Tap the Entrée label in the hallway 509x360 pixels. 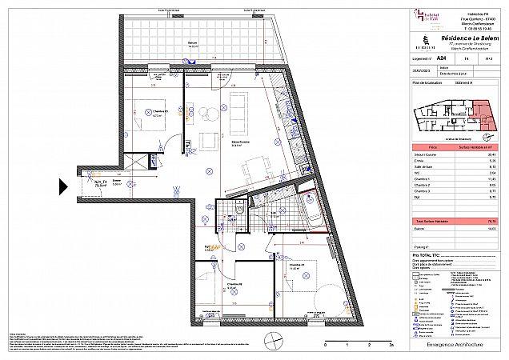pos(117,182)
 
